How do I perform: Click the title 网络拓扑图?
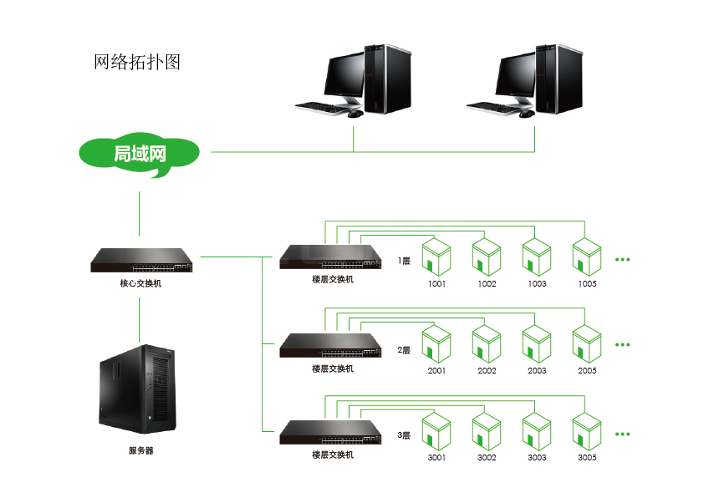[x=137, y=63]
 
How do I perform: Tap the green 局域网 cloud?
[x=140, y=155]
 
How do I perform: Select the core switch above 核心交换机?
[x=141, y=261]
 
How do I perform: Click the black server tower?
[x=138, y=389]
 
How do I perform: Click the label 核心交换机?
[x=140, y=283]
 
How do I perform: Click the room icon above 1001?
[x=436, y=257]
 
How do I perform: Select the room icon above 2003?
[x=537, y=343]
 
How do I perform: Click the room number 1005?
[x=587, y=284]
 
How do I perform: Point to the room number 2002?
[x=487, y=371]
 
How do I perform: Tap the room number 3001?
[x=436, y=458]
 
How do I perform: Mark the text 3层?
[x=404, y=435]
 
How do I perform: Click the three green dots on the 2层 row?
[x=622, y=343]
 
